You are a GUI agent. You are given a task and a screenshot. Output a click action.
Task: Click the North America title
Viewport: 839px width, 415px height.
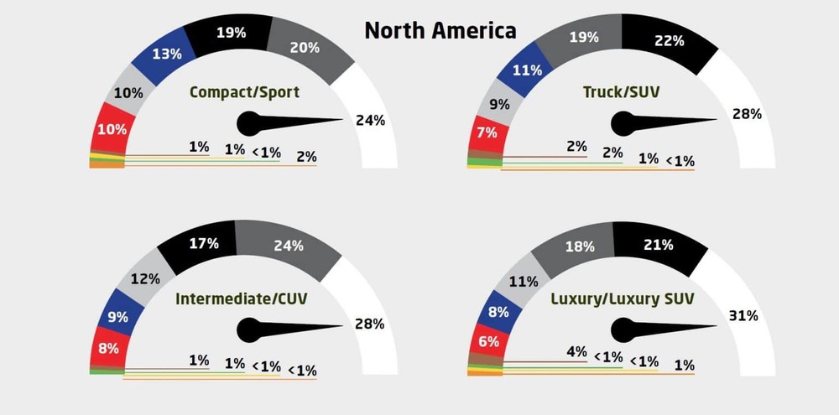(x=440, y=32)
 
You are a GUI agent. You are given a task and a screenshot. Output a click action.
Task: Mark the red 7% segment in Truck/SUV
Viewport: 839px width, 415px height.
(x=487, y=133)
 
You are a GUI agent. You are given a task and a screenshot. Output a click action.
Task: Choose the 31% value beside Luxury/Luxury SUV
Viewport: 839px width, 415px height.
(x=743, y=316)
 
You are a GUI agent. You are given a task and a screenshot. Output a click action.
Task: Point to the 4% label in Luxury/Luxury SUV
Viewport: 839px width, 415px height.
(x=576, y=352)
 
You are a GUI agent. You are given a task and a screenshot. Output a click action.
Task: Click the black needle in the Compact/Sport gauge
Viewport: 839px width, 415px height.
(x=285, y=123)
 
